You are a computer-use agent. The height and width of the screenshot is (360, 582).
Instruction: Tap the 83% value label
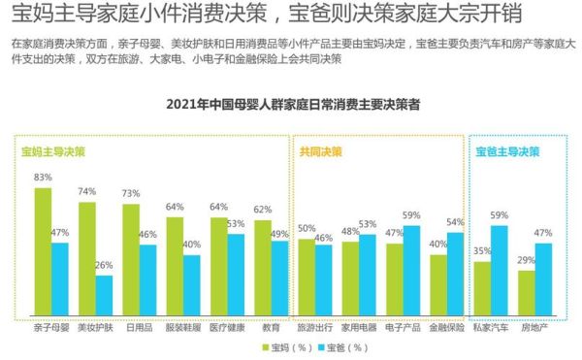pyautogui.click(x=43, y=178)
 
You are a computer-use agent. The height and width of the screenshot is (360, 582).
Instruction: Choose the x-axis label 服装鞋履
pyautogui.click(x=183, y=328)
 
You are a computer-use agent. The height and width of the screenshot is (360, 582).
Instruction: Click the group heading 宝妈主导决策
pyautogui.click(x=55, y=152)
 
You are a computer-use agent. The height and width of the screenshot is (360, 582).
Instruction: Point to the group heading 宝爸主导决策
pyautogui.click(x=507, y=152)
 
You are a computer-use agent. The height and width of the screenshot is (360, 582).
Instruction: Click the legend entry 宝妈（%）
pyautogui.click(x=288, y=346)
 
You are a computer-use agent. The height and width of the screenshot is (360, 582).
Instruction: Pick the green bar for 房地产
pyautogui.click(x=526, y=292)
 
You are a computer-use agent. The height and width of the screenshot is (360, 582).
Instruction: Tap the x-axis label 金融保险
pyautogui.click(x=446, y=328)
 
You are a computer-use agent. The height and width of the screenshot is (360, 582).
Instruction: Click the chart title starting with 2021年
pyautogui.click(x=292, y=105)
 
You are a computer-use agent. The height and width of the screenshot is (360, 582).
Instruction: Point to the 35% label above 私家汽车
pyautogui.click(x=482, y=250)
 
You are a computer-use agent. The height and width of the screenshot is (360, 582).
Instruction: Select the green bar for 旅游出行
pyautogui.click(x=307, y=276)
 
